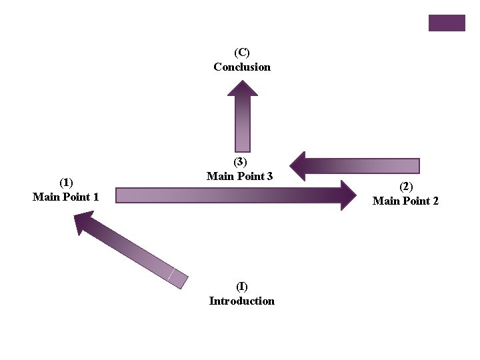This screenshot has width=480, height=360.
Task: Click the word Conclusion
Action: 242,67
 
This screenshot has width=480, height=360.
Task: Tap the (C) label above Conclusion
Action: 242,52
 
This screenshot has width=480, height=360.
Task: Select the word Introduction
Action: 241,301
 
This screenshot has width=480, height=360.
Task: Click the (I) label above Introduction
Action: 241,286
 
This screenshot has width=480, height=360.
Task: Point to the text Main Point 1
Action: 66,197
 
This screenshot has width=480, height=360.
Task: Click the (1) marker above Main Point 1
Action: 66,182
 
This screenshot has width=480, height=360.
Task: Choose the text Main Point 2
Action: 405,201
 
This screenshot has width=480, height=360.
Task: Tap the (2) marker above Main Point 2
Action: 406,186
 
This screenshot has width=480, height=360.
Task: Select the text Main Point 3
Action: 239,176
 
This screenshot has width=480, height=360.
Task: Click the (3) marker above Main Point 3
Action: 240,161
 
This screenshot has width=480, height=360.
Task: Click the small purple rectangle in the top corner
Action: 447,23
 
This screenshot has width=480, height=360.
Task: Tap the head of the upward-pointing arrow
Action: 243,89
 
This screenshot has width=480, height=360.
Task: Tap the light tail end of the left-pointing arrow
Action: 410,166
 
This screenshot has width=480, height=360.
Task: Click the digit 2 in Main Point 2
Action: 435,201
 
